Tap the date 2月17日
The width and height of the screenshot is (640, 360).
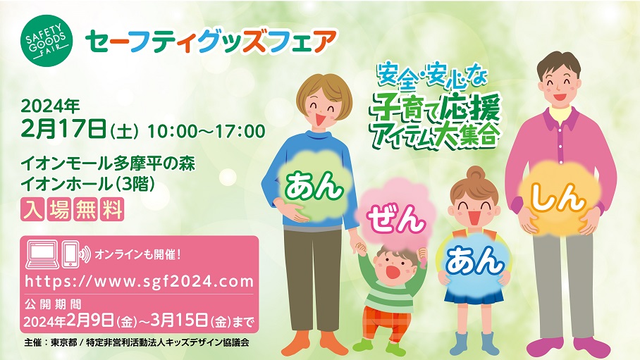64,130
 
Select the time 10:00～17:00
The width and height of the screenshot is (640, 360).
206,132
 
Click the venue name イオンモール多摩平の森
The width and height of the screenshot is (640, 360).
108,164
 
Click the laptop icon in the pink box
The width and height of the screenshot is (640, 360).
42,255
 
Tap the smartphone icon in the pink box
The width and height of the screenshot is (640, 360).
70,255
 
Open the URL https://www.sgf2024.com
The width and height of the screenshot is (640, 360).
139,281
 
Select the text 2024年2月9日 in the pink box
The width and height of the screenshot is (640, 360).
68,321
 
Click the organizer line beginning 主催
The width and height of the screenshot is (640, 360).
136,343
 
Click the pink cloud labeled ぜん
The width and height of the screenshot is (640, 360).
396,220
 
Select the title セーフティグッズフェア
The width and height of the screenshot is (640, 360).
211,42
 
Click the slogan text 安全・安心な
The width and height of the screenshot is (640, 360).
432,75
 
